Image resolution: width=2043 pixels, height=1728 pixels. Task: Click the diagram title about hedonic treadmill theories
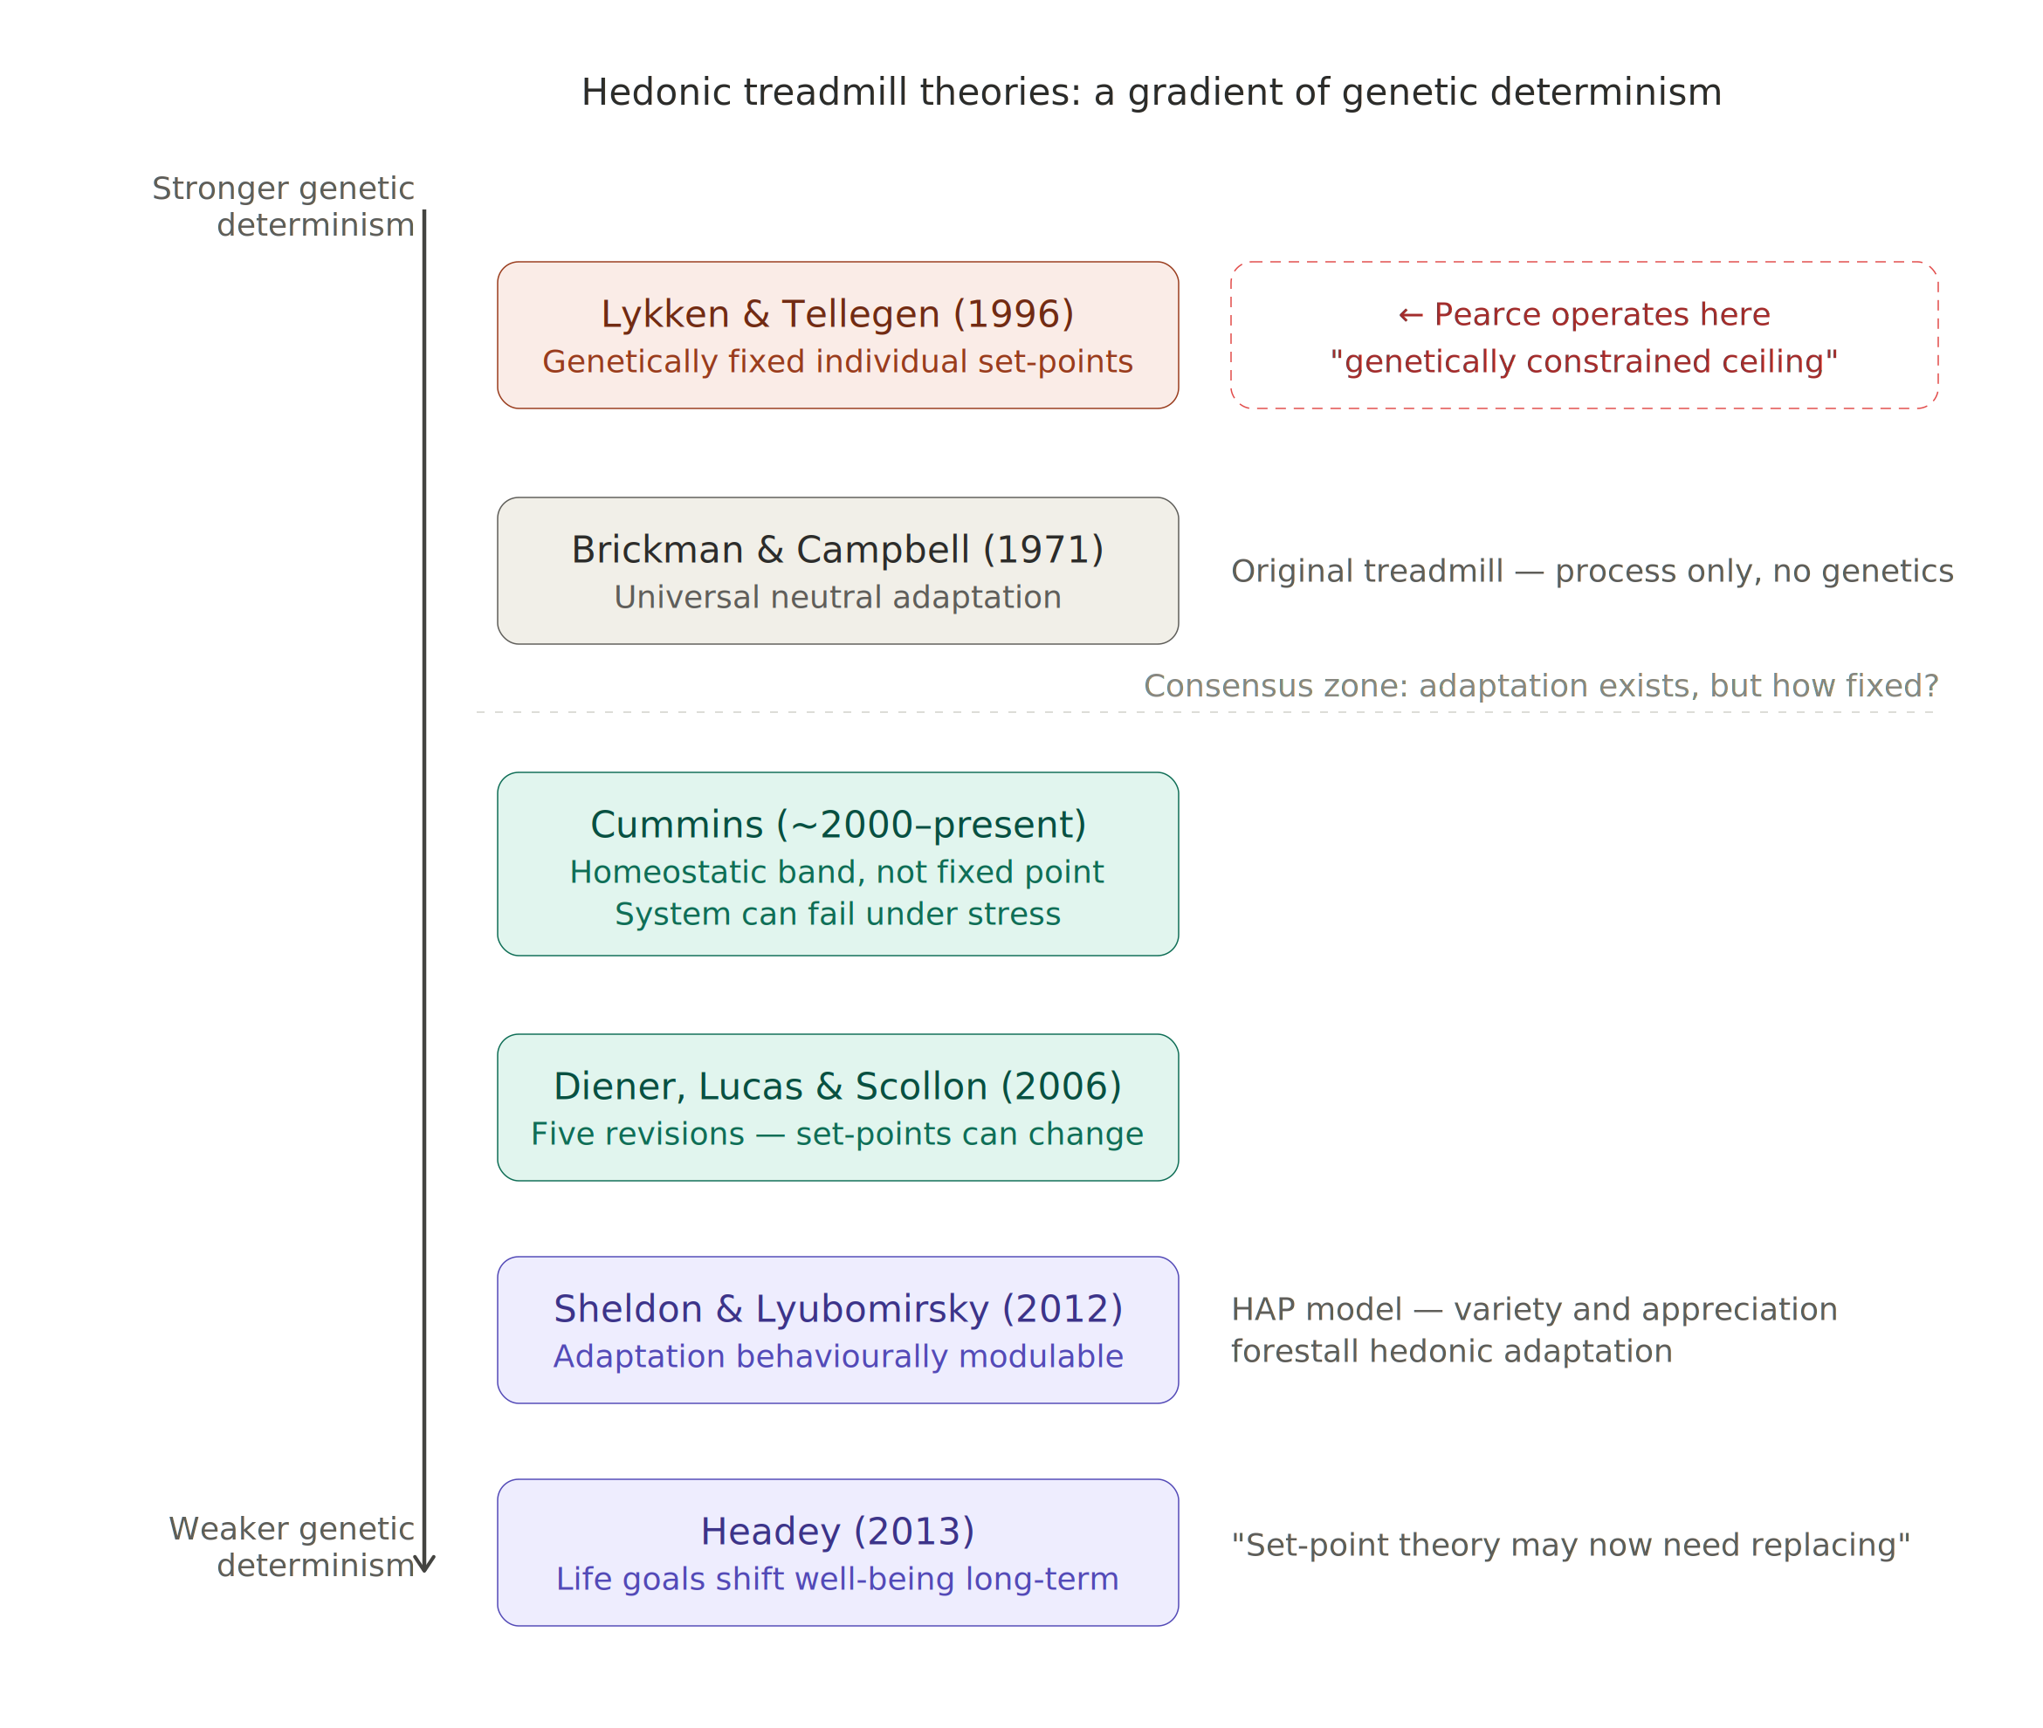1152,93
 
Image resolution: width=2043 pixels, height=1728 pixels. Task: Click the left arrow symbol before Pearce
1410,314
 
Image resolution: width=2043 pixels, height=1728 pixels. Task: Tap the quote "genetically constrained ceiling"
1584,361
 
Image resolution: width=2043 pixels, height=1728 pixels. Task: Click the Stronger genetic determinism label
283,206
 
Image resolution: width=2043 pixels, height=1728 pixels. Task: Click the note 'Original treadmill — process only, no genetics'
1592,571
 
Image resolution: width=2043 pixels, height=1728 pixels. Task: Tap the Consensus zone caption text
1540,686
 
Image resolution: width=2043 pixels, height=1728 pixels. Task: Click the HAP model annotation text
1533,1329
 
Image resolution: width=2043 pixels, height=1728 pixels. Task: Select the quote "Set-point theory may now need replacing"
1570,1545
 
